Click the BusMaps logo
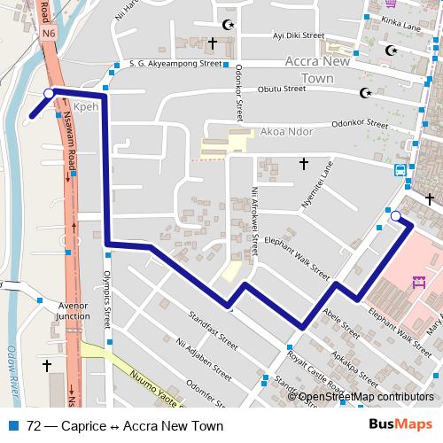(x=404, y=424)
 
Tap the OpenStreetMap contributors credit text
(x=366, y=397)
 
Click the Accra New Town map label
(x=320, y=70)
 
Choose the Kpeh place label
(x=85, y=105)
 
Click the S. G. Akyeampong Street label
(x=175, y=64)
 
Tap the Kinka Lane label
(x=400, y=27)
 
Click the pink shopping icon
(x=419, y=284)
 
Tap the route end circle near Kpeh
(x=48, y=92)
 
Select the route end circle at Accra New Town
(x=395, y=215)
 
